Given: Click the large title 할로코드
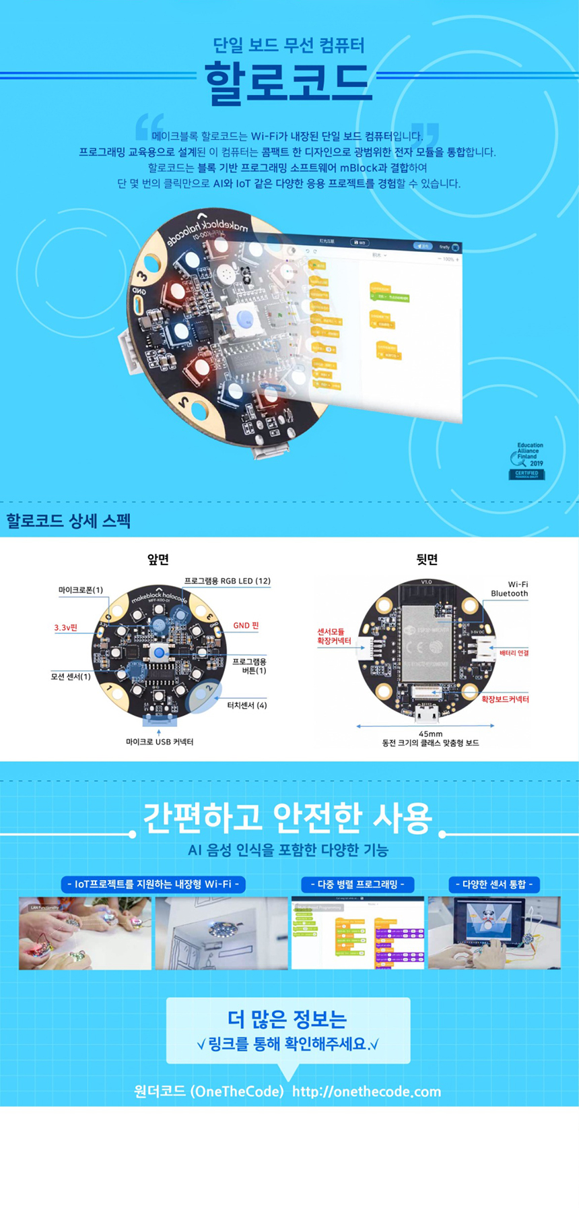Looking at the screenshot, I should [x=288, y=84].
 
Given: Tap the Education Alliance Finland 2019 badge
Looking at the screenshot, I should [x=527, y=461].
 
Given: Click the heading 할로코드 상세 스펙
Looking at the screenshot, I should [x=68, y=521].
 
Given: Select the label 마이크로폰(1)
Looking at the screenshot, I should [x=80, y=590].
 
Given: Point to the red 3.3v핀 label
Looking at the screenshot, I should [x=66, y=627].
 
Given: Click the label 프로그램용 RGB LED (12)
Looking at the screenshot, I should [x=227, y=581].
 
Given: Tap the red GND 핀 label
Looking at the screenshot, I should [x=246, y=625].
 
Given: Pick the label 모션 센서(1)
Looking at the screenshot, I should [x=71, y=676].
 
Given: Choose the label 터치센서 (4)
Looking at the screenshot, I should [x=246, y=705].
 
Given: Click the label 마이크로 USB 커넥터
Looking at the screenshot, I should [x=159, y=742].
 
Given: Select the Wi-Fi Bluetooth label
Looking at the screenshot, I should [x=510, y=589].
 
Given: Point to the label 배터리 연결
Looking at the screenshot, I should [x=514, y=653].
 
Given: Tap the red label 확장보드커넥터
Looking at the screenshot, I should [x=505, y=699].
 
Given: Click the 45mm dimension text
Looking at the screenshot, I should [x=430, y=734].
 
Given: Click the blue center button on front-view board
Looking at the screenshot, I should [x=159, y=652].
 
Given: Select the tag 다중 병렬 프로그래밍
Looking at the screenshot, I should [x=357, y=884].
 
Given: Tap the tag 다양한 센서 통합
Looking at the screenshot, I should [x=494, y=884].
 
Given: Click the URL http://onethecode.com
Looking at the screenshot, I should [x=366, y=1091].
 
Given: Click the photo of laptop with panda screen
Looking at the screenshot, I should [x=494, y=932].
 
